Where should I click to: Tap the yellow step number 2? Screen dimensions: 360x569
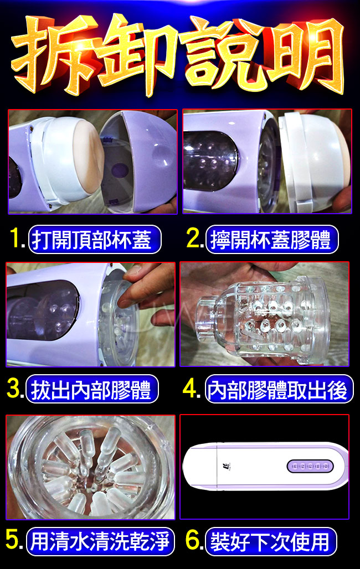tap(193, 239)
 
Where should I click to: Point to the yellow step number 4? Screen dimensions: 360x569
tap(191, 389)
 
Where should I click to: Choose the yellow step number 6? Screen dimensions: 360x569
tap(193, 540)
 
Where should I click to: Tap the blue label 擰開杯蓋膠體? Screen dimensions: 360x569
tap(272, 239)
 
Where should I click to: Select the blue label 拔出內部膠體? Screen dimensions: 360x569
tap(92, 389)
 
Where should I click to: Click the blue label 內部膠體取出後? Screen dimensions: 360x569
tap(279, 389)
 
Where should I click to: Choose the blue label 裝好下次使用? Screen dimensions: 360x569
tap(271, 541)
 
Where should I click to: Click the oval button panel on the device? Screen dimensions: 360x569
tap(310, 466)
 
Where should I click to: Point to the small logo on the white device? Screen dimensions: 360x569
tap(226, 466)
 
